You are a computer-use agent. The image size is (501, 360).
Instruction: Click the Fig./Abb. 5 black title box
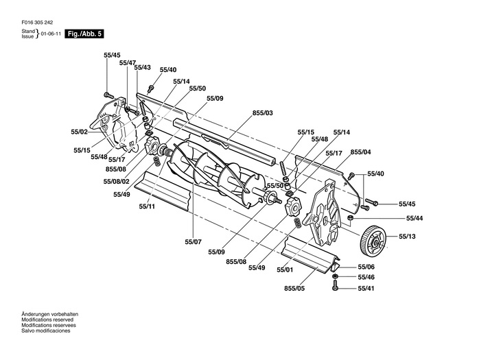click(x=84, y=34)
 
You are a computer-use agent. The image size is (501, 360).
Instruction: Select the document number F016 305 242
click(x=37, y=23)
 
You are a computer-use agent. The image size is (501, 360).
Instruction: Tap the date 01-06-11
click(x=51, y=34)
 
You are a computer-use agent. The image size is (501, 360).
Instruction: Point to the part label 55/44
click(x=415, y=218)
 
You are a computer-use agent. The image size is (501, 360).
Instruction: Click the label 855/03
click(x=263, y=113)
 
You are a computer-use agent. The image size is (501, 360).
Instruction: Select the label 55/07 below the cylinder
click(x=193, y=242)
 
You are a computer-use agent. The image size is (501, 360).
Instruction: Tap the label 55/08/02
click(x=116, y=182)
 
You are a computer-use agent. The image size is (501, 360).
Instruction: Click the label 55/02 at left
click(x=79, y=132)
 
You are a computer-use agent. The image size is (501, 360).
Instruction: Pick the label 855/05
click(x=294, y=288)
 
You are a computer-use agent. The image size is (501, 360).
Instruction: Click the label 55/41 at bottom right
click(x=366, y=288)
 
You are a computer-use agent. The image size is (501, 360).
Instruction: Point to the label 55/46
click(x=366, y=277)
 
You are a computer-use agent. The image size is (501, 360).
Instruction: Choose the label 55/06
click(x=366, y=267)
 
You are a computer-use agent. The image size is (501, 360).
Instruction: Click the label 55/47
click(x=128, y=63)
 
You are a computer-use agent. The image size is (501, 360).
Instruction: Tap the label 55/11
click(x=147, y=206)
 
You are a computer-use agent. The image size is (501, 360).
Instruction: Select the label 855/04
click(x=361, y=152)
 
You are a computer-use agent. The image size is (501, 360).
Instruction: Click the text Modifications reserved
click(x=47, y=320)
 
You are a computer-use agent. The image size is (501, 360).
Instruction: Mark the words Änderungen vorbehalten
click(x=50, y=314)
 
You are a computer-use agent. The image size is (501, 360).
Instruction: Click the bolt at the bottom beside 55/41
click(x=335, y=285)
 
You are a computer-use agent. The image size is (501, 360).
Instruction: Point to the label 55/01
click(x=285, y=270)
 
